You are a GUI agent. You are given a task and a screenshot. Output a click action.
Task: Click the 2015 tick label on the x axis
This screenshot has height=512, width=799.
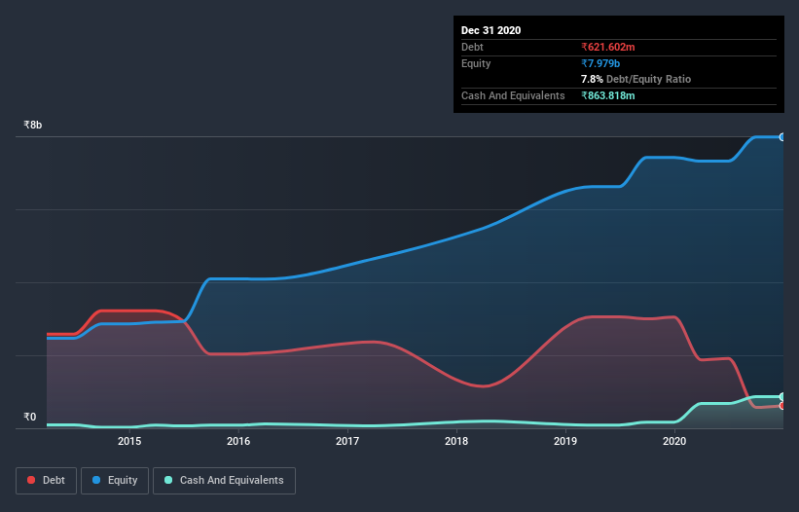pos(129,441)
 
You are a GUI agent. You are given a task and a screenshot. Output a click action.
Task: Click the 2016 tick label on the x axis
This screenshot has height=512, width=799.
pos(238,441)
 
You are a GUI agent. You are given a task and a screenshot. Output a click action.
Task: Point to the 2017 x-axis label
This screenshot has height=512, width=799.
pos(347,441)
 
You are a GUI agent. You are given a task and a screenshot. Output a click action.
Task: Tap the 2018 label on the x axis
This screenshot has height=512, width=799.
pos(456,441)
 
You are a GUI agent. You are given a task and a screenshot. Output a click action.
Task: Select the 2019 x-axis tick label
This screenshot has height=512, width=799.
pos(565,441)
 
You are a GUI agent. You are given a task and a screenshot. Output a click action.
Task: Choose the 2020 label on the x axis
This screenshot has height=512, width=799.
pos(674,441)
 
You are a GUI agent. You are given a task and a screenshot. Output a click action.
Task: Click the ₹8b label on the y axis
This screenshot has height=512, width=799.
pos(33,126)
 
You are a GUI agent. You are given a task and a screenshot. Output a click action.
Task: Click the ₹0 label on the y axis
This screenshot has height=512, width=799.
pos(30,418)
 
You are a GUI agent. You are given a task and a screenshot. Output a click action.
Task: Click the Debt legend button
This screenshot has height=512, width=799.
pos(46,480)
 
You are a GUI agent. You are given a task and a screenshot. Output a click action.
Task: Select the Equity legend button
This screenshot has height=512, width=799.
pos(115,480)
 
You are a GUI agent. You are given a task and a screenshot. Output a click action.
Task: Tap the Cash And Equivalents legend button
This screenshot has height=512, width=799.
pos(224,480)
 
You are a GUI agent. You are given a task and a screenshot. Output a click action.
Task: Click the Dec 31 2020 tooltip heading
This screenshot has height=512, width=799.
pos(490,30)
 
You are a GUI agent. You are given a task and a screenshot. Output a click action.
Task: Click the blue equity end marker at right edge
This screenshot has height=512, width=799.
pos(781,137)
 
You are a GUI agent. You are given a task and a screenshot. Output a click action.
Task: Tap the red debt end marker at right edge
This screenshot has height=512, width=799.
pos(781,405)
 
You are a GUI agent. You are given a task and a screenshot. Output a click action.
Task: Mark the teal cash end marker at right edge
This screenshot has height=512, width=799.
pos(781,397)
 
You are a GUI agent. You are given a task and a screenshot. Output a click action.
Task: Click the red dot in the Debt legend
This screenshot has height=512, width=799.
pos(32,480)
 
